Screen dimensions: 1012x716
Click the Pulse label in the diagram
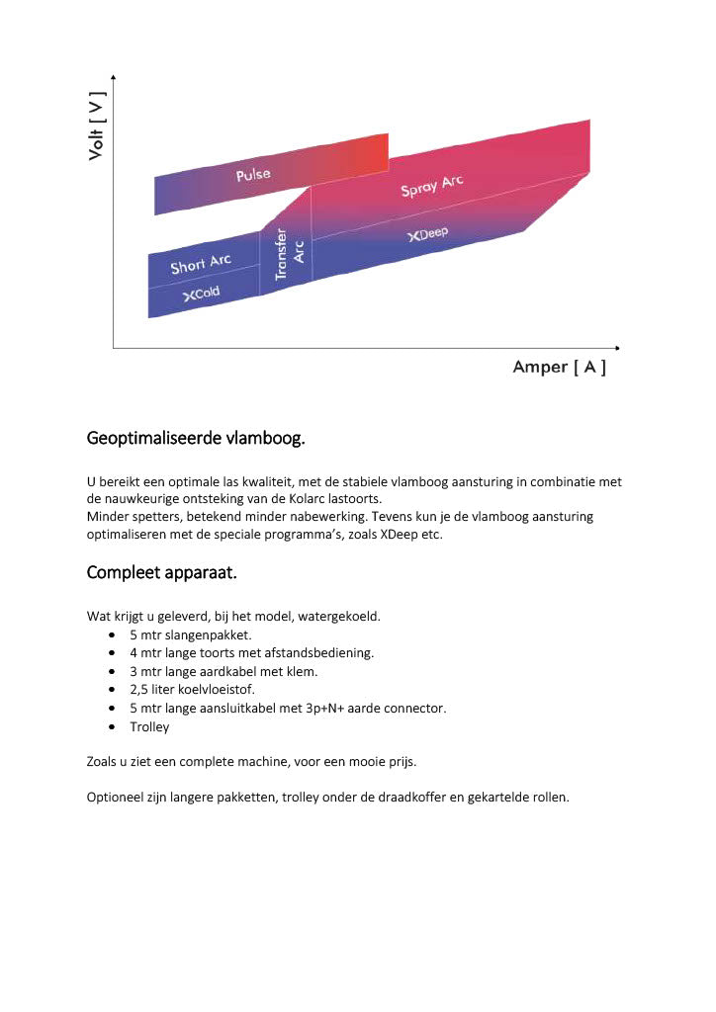coord(252,175)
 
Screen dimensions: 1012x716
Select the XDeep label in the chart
coord(427,234)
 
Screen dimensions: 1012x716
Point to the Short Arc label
coord(200,264)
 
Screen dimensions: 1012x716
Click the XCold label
coord(201,294)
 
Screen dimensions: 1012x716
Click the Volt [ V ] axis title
coord(97,126)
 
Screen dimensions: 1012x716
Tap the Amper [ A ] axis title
coord(559,368)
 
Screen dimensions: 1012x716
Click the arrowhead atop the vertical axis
coord(114,77)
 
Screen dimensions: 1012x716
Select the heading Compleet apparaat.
coord(162,572)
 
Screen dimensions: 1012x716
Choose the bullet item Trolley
coord(149,726)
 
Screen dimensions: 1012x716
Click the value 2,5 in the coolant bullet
coord(139,690)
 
